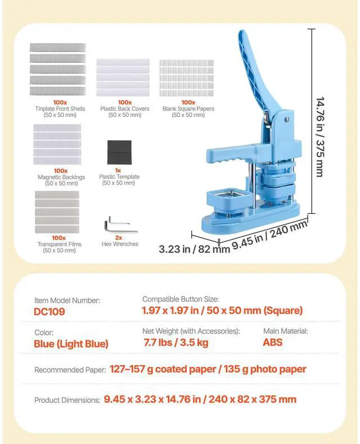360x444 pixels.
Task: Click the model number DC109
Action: click(50, 311)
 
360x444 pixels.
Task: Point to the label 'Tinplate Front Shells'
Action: click(56, 109)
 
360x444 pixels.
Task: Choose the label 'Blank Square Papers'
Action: click(188, 109)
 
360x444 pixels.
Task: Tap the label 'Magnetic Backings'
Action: click(61, 177)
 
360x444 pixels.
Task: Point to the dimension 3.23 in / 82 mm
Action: click(194, 248)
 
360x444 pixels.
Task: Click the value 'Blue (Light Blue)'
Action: click(71, 343)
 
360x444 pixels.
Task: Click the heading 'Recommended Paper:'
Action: click(70, 370)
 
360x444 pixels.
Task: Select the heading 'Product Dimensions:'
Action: click(67, 400)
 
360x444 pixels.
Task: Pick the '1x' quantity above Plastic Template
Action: click(119, 171)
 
